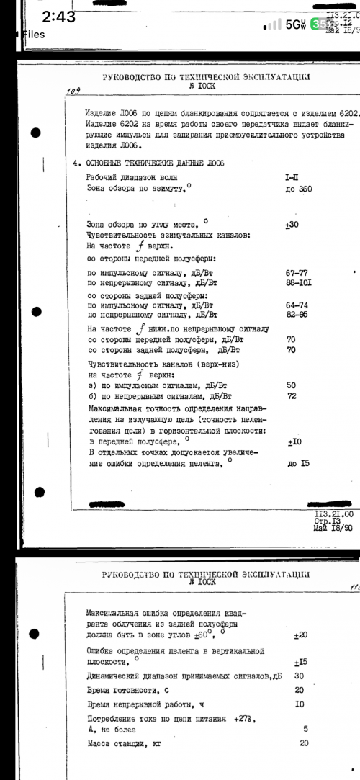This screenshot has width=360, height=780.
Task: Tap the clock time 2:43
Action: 58,17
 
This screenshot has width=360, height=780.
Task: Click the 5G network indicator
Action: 295,24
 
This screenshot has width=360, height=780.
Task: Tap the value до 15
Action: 297,464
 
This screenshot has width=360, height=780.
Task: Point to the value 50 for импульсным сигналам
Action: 292,385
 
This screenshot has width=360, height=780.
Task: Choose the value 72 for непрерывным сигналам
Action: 292,396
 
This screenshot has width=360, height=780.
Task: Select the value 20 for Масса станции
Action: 304,743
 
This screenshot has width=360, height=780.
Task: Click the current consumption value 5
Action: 306,728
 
